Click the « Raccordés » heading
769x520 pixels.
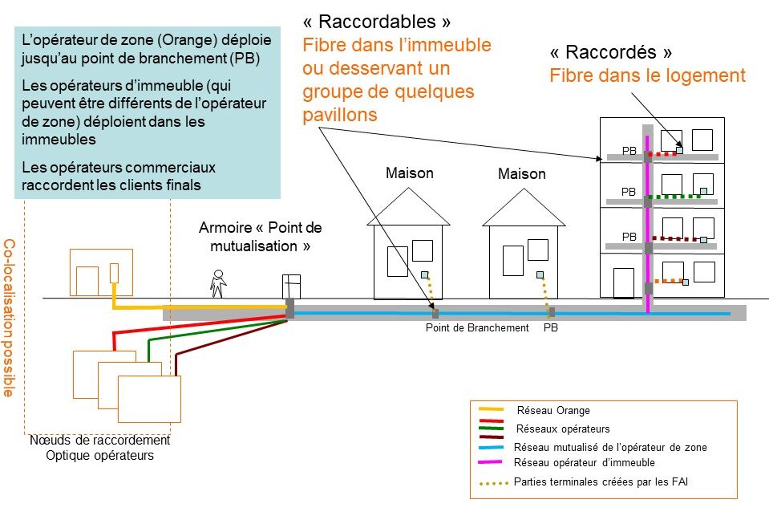[x=610, y=52]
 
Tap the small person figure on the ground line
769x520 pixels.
[x=217, y=282]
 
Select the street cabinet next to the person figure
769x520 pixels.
[x=290, y=286]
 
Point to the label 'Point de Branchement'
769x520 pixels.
[x=476, y=327]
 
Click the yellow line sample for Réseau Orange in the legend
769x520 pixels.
[x=490, y=410]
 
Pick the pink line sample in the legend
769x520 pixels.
[x=490, y=462]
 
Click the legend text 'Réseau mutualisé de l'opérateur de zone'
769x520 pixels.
[x=610, y=447]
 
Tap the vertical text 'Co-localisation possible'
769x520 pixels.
[x=9, y=317]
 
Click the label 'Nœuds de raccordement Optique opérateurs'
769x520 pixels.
[x=99, y=448]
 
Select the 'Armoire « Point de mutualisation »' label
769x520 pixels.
[x=260, y=237]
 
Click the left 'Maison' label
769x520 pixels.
[x=409, y=173]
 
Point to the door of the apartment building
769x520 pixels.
[x=623, y=282]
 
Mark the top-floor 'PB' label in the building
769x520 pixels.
[x=629, y=150]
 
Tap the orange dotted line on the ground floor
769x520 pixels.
[x=669, y=281]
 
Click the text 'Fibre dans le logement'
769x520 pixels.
[x=647, y=76]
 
